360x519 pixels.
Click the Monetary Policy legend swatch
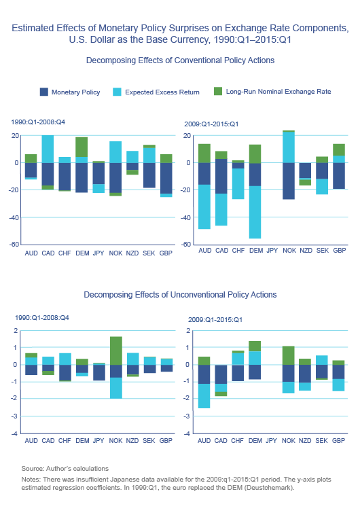pos(44,92)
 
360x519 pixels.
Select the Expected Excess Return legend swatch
pos(117,92)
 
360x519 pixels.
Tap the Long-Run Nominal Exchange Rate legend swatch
pos(218,91)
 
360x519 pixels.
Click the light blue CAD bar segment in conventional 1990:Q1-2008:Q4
pos(48,149)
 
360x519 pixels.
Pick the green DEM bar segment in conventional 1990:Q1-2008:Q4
pos(82,147)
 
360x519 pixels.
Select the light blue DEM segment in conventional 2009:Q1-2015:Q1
pos(255,212)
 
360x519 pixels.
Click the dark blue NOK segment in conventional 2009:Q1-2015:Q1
pos(289,181)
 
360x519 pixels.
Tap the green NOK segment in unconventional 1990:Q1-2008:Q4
pos(115,351)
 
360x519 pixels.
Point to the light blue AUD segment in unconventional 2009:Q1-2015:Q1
pos(204,396)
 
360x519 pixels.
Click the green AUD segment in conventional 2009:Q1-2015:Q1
pos(204,154)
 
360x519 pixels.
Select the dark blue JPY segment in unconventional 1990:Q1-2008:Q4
pos(99,372)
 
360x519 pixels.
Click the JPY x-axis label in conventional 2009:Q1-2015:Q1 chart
pos(272,251)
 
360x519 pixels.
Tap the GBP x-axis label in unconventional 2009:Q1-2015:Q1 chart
pos(338,441)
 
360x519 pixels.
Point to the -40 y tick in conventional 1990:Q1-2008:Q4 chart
pos(14,217)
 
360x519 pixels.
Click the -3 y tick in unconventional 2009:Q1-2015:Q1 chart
pos(187,416)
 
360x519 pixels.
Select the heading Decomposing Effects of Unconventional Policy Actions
pos(180,295)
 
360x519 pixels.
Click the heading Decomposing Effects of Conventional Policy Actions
pos(180,60)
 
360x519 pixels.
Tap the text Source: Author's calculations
pos(65,468)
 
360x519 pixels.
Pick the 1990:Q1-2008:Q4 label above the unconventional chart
pos(42,318)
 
